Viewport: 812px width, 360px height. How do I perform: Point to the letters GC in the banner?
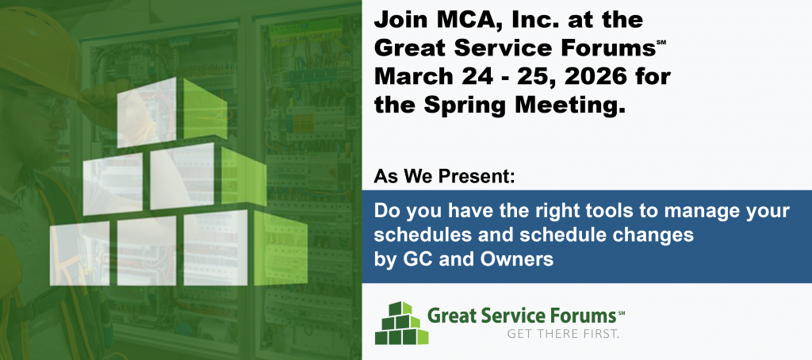(x=418, y=259)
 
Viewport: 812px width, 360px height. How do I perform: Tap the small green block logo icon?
(x=401, y=323)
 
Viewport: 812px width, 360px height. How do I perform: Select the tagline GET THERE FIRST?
(x=563, y=334)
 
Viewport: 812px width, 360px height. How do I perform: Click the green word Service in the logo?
(x=505, y=316)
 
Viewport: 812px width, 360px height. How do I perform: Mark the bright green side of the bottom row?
(x=280, y=249)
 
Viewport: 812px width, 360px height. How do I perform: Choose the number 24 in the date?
(x=477, y=77)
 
